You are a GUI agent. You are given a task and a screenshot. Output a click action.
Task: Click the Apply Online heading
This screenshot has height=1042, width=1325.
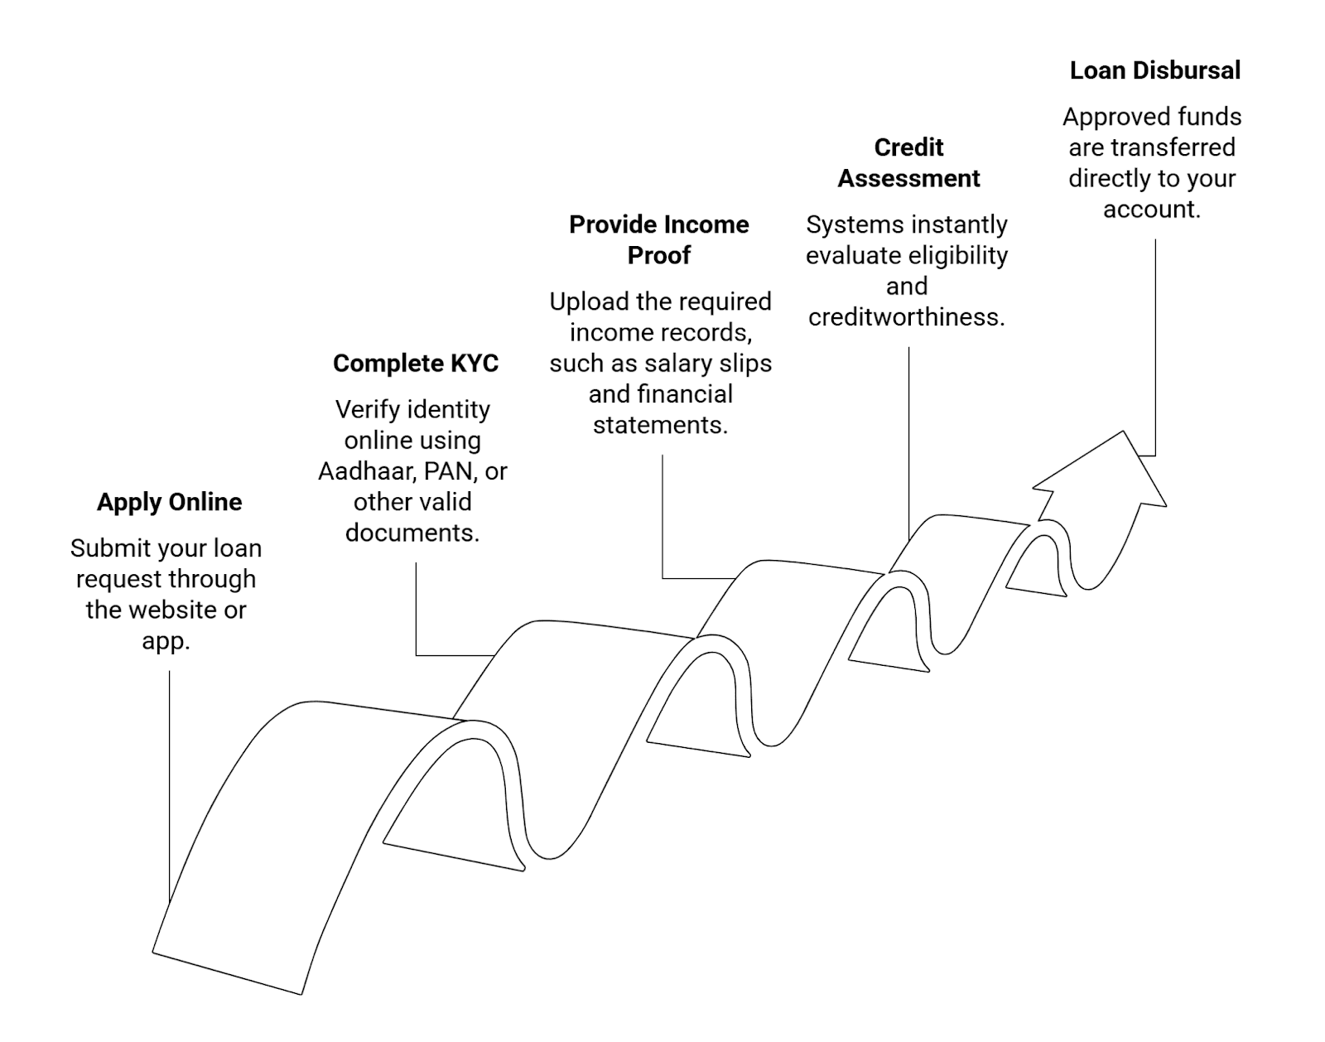[169, 502]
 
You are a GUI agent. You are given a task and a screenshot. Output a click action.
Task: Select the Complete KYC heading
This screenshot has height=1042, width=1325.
[416, 364]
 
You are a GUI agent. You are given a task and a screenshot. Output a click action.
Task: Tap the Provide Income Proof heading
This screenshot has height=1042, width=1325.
[659, 239]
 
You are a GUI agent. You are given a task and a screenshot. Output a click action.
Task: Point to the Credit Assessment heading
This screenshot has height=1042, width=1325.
[908, 162]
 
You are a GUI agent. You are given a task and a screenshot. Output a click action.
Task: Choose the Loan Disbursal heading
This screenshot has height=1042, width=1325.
[1154, 70]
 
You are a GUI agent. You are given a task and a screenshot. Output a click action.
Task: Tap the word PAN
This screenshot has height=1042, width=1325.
[448, 471]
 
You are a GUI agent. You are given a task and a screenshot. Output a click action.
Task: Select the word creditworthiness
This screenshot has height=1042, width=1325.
[907, 317]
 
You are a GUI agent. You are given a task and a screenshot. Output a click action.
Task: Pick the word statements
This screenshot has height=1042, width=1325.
[660, 425]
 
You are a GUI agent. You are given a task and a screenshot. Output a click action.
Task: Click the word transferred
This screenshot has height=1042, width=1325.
[1173, 147]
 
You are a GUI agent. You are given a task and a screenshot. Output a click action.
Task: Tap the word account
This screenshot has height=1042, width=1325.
[1151, 209]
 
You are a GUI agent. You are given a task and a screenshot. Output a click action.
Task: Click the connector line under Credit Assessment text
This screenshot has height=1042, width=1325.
[908, 439]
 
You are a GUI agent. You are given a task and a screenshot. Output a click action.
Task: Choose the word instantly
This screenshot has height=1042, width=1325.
[961, 224]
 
